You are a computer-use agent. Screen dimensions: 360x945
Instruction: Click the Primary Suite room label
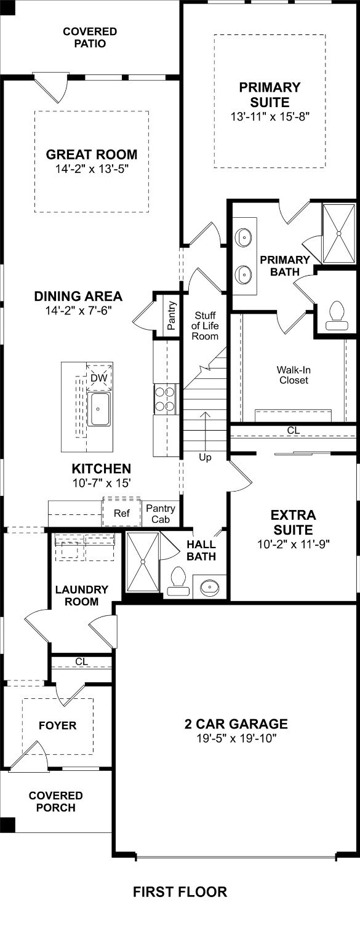click(270, 95)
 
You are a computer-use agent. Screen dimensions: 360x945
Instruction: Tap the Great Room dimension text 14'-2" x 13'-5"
click(92, 169)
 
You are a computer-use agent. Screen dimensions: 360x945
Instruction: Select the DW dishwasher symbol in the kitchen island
click(99, 378)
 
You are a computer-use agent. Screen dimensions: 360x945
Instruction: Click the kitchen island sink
click(98, 409)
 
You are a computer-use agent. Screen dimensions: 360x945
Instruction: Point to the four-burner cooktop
click(165, 399)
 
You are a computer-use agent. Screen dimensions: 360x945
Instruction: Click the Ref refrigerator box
click(122, 513)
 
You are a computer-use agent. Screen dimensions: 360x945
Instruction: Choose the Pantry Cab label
click(161, 514)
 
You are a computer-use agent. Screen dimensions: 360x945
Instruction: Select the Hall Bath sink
click(209, 586)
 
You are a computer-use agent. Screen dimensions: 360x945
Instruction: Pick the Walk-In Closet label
click(292, 375)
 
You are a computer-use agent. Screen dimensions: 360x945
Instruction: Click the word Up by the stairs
click(205, 457)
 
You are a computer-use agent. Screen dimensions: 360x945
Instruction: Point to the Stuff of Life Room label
click(205, 325)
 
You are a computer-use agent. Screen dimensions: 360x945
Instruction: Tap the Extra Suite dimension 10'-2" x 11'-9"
click(294, 544)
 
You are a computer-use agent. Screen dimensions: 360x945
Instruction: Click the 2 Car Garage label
click(236, 724)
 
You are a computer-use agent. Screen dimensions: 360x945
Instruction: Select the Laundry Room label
click(82, 596)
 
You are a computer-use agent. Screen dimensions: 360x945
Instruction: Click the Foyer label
click(58, 725)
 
